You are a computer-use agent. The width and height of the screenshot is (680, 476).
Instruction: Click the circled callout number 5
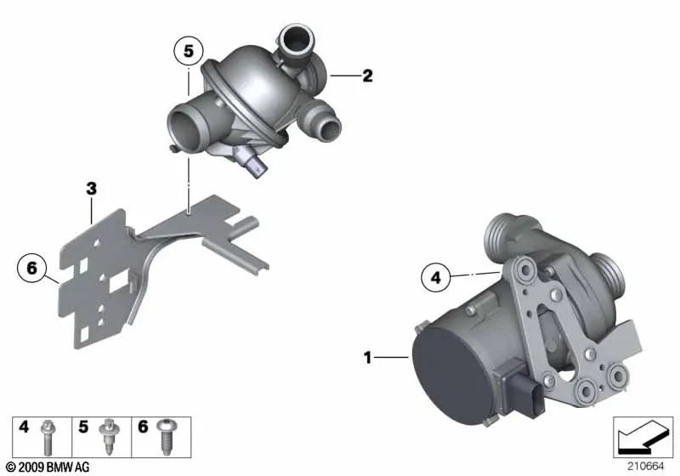[188, 51]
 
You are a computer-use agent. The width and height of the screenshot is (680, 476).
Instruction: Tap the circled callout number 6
[31, 269]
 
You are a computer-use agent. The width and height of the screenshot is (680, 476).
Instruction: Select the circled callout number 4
[435, 277]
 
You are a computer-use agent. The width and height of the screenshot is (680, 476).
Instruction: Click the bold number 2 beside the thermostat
[367, 76]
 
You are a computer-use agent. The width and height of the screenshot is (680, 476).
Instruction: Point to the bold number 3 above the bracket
[91, 189]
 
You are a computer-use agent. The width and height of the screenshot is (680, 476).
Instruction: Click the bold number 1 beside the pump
[368, 358]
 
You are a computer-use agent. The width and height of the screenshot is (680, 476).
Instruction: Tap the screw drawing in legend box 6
[166, 437]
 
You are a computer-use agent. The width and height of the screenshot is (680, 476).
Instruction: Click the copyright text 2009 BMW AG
[48, 467]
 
